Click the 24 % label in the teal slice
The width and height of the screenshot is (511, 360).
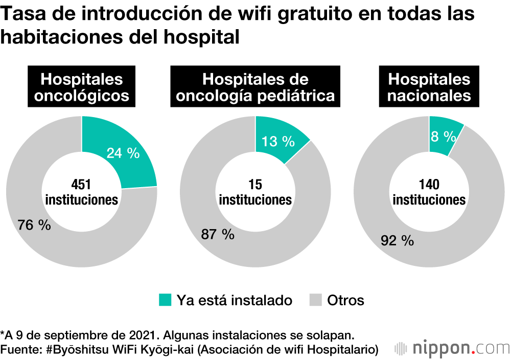coord(123,153)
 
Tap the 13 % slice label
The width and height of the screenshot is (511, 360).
coord(278,142)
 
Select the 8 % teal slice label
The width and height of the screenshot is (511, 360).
coord(443,137)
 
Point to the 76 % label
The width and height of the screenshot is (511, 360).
coord(34,225)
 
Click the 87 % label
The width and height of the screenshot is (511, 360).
coord(218,235)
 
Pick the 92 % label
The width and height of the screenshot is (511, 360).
coord(397,241)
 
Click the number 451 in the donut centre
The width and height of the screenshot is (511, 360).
coord(81,185)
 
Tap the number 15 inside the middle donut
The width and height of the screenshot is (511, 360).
coord(255,185)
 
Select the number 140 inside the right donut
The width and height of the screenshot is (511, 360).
coord(429,185)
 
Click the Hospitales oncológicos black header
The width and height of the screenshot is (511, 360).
coord(82,87)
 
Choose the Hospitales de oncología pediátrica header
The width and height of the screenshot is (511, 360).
coord(255,87)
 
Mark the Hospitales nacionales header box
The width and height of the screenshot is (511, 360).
coord(429,87)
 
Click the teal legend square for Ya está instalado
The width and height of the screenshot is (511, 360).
coord(165,300)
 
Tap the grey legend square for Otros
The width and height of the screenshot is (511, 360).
coord(315,300)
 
